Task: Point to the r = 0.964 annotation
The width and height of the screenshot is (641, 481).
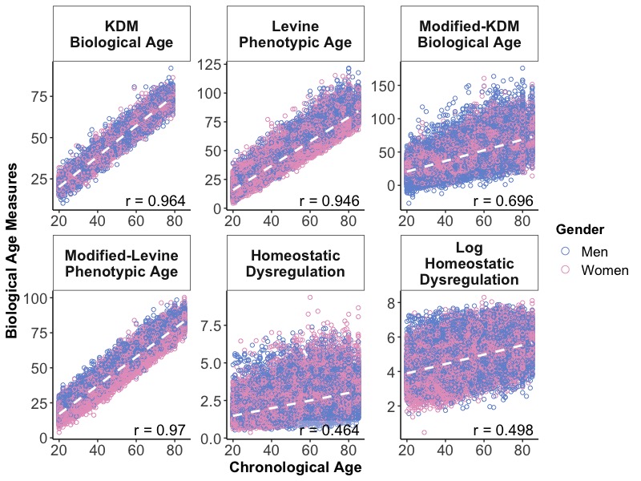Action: tap(156, 201)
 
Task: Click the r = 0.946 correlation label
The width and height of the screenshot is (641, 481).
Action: tap(329, 201)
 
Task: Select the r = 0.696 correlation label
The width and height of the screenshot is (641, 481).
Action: tap(503, 201)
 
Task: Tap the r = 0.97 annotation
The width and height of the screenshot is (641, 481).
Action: tap(160, 430)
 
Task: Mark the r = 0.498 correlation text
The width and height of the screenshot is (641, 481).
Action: tap(503, 430)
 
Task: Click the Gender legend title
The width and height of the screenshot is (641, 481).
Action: tap(585, 230)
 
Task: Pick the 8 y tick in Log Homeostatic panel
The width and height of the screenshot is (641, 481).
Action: tap(392, 302)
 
